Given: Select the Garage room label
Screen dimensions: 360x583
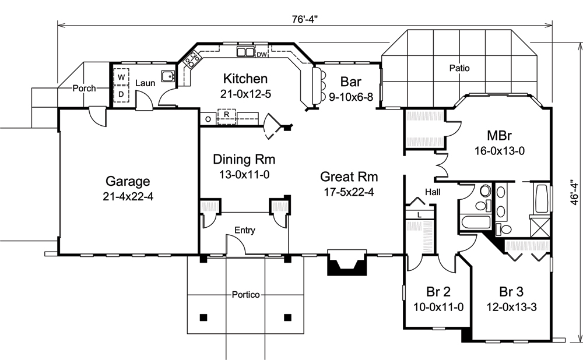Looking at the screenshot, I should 128,181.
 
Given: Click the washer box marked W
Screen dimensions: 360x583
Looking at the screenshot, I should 122,77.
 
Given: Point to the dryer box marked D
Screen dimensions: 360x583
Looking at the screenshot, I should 122,93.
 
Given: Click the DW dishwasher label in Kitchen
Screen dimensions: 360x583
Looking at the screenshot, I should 262,55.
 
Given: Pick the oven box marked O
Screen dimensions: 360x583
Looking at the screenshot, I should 208,119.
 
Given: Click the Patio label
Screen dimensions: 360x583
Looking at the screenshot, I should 459,68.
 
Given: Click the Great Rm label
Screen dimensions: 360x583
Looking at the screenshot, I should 350,177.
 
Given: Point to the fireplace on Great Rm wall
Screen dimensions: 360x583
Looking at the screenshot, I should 347,263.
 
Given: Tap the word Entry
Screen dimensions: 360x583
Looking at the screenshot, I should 244,231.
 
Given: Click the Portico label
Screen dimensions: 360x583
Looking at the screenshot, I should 244,295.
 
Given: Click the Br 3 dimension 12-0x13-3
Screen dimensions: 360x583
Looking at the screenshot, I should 510,308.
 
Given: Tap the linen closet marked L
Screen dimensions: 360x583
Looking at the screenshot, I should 419,214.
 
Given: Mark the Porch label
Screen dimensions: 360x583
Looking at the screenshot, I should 84,89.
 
